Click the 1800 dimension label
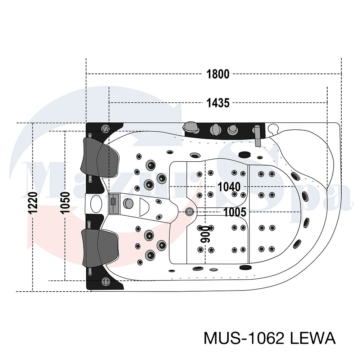click(218, 74)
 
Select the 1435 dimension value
click(218, 103)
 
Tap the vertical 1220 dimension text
click(33, 203)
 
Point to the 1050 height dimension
click(65, 202)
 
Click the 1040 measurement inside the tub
click(229, 187)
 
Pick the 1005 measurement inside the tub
click(235, 212)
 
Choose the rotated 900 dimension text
click(205, 234)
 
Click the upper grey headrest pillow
click(100, 158)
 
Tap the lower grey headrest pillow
click(100, 248)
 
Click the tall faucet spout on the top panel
click(258, 136)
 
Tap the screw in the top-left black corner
click(105, 129)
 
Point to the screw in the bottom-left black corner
click(105, 281)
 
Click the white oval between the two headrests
click(96, 204)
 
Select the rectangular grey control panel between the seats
click(114, 204)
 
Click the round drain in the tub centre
click(190, 211)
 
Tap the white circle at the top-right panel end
click(273, 128)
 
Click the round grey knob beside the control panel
click(128, 203)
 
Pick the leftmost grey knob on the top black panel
click(190, 127)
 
